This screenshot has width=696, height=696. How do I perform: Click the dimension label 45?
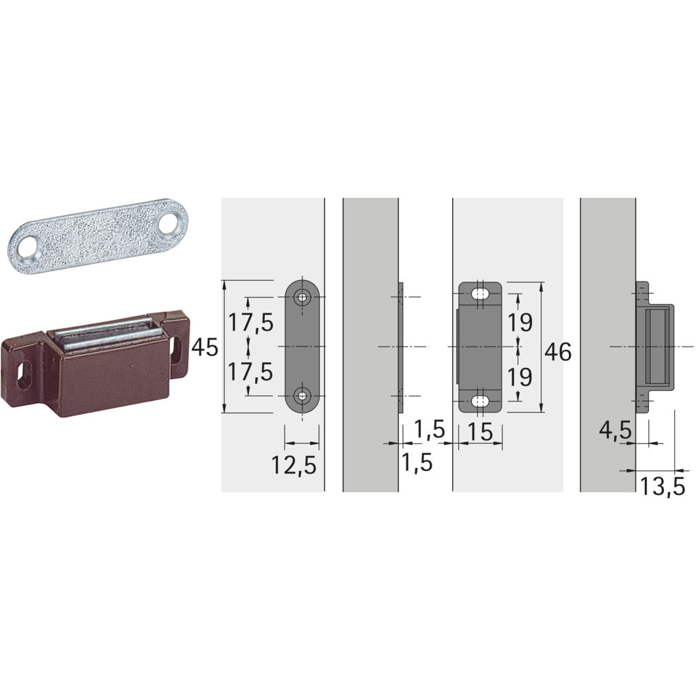click(x=205, y=348)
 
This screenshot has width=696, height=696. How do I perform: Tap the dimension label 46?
click(x=558, y=351)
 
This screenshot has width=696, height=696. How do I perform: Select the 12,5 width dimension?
click(x=294, y=465)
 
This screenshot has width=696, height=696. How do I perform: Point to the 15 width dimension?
click(x=480, y=430)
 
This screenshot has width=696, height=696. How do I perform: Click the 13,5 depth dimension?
click(x=661, y=486)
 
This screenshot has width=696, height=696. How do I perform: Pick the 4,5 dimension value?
click(x=616, y=431)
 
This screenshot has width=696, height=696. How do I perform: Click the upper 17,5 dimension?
click(x=251, y=322)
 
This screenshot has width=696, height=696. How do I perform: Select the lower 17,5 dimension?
click(x=251, y=372)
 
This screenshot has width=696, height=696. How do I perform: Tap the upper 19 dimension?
click(x=520, y=322)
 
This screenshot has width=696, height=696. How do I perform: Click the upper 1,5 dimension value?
click(x=430, y=429)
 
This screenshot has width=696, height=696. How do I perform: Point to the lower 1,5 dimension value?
click(x=417, y=462)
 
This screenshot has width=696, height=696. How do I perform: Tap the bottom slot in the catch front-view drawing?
click(x=481, y=400)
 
